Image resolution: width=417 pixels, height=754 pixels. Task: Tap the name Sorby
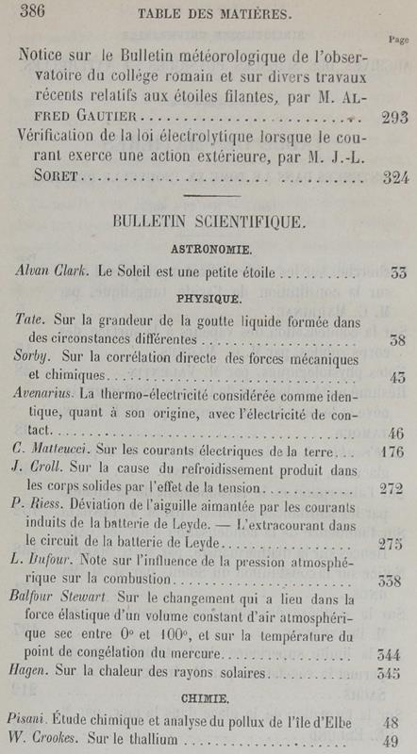tap(34, 359)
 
